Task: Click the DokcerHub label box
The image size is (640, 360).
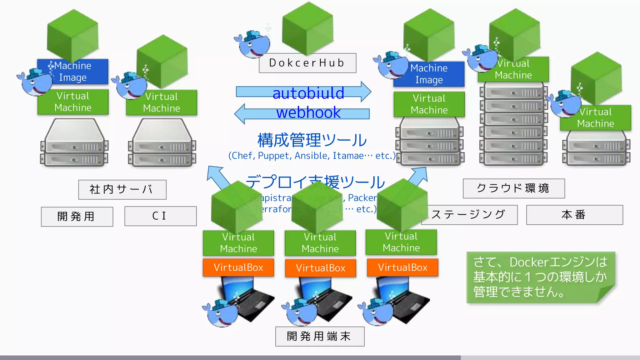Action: (x=307, y=63)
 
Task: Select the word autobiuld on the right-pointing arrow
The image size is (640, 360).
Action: (x=308, y=93)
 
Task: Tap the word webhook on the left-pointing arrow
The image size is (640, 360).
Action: (x=308, y=112)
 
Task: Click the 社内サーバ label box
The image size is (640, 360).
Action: (x=122, y=189)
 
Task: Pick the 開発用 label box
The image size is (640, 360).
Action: (x=77, y=216)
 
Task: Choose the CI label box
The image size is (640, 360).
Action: (x=160, y=216)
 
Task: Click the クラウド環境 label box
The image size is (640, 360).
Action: (x=513, y=188)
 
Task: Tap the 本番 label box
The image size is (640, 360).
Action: (x=574, y=215)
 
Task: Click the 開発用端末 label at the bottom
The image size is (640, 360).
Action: (x=319, y=336)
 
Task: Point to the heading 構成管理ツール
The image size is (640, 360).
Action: (x=312, y=140)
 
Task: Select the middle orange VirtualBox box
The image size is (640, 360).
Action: (x=320, y=268)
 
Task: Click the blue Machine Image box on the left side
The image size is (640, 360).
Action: (x=73, y=72)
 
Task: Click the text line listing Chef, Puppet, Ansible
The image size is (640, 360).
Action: (x=312, y=156)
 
